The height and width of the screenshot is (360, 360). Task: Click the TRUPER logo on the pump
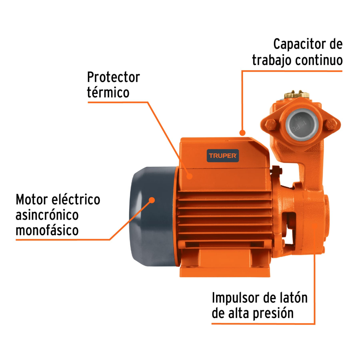pyautogui.click(x=222, y=156)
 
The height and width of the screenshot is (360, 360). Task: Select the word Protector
pyautogui.click(x=113, y=77)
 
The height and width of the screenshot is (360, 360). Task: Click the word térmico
pyautogui.click(x=108, y=92)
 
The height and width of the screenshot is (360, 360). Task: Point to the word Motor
pyautogui.click(x=32, y=199)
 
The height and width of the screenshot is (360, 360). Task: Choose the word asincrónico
pyautogui.click(x=47, y=215)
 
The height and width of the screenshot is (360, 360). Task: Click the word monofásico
pyautogui.click(x=47, y=230)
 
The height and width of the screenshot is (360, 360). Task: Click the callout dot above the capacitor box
pyautogui.click(x=242, y=132)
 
